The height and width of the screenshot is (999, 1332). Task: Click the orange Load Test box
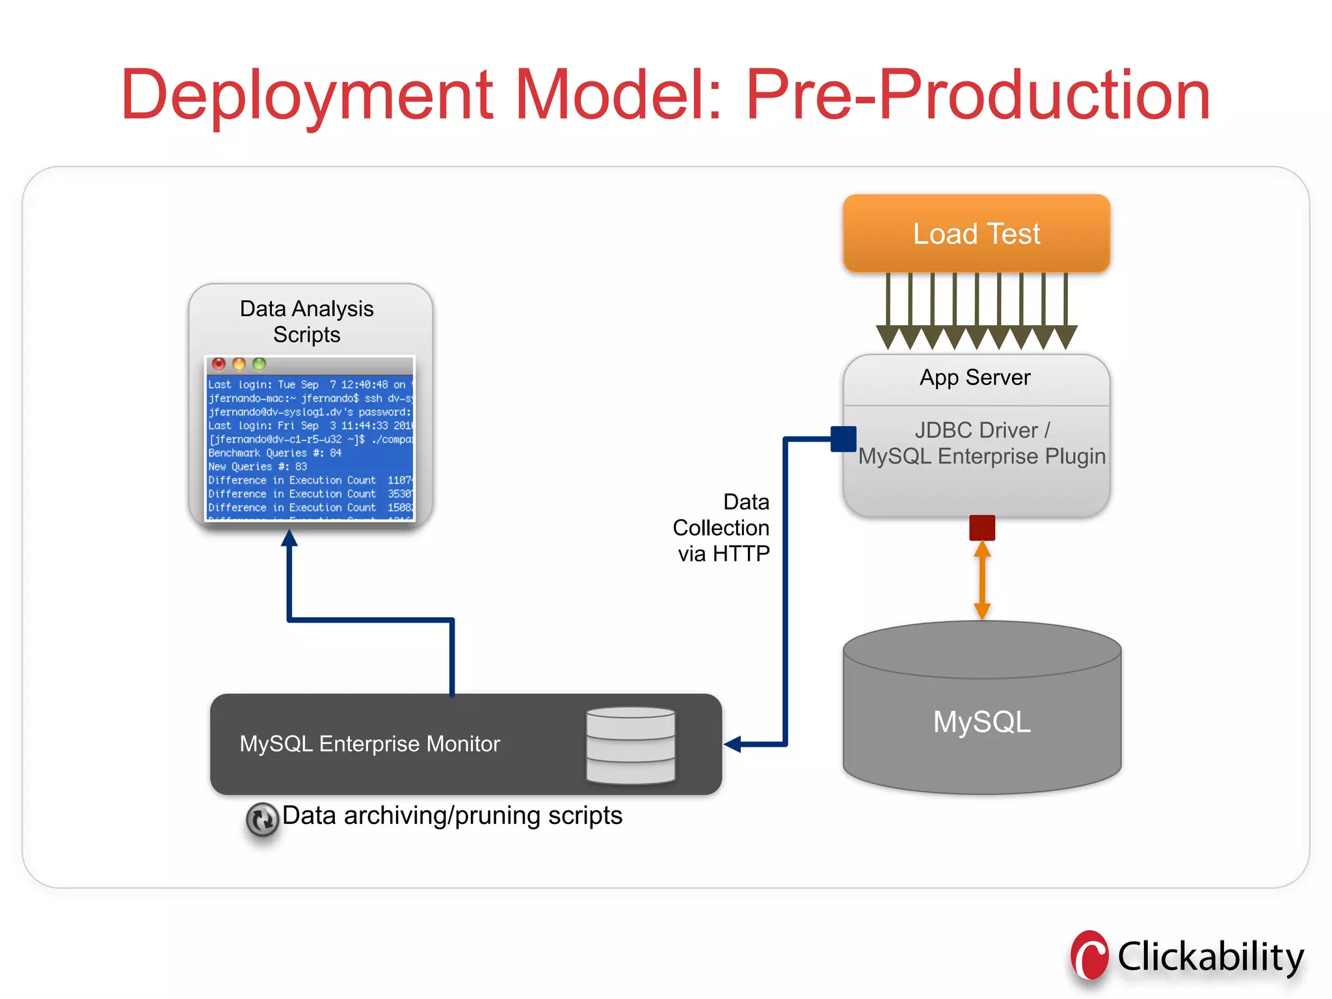976,233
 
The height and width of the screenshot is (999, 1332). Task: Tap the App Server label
975,377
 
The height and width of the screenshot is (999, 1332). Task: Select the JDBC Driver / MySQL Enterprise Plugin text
981,443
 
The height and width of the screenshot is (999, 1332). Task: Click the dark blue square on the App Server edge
844,439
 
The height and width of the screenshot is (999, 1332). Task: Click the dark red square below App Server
982,527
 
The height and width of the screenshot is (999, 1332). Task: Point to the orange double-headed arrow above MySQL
982,580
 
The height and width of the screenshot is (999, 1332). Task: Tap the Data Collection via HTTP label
722,527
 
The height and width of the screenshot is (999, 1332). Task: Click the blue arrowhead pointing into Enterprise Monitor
733,744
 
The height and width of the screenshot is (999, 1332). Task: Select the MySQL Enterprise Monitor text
369,743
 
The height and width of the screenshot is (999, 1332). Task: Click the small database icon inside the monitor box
630,745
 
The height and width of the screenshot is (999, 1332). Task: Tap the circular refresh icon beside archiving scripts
262,819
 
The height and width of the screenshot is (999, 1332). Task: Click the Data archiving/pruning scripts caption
452,816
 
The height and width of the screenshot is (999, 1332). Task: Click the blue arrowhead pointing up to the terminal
289,538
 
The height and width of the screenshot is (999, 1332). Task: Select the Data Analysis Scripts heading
306,321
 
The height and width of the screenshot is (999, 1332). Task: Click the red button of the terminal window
219,364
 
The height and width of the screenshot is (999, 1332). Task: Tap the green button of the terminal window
260,364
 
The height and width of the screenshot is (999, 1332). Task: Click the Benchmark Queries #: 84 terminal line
274,453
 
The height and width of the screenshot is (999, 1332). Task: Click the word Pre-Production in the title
978,96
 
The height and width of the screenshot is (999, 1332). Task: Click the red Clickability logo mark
1089,956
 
